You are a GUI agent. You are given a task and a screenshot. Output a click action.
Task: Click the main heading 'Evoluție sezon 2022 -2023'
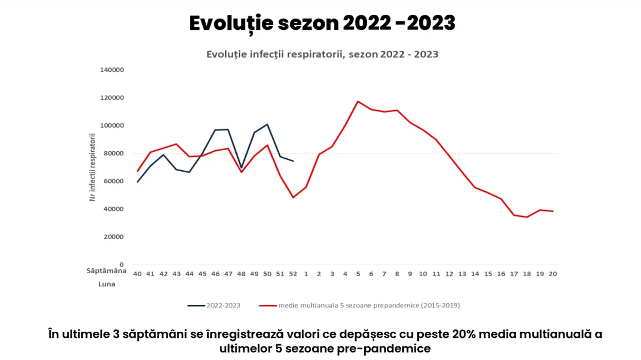pyautogui.click(x=322, y=24)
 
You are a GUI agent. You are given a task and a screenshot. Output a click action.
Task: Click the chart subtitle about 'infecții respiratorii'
pyautogui.click(x=322, y=54)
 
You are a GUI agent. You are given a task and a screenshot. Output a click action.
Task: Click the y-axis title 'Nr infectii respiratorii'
pyautogui.click(x=93, y=167)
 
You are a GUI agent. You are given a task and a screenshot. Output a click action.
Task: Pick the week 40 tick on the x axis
pyautogui.click(x=137, y=274)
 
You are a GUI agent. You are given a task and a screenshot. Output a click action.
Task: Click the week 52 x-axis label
pyautogui.click(x=293, y=274)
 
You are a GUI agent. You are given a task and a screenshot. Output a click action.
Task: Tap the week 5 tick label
pyautogui.click(x=358, y=274)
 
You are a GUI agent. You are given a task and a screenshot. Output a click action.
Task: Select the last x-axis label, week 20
pyautogui.click(x=553, y=274)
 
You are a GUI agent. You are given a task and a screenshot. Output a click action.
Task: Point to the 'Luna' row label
pyautogui.click(x=107, y=284)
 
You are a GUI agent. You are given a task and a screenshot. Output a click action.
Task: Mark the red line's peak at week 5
pyautogui.click(x=358, y=101)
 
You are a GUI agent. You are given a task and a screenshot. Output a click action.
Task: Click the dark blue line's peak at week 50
pyautogui.click(x=268, y=124)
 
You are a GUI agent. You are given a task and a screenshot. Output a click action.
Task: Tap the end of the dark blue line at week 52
pyautogui.click(x=293, y=161)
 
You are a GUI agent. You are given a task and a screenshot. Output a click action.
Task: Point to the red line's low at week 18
pyautogui.click(x=527, y=217)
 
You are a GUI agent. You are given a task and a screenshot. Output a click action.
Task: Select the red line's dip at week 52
pyautogui.click(x=293, y=197)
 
